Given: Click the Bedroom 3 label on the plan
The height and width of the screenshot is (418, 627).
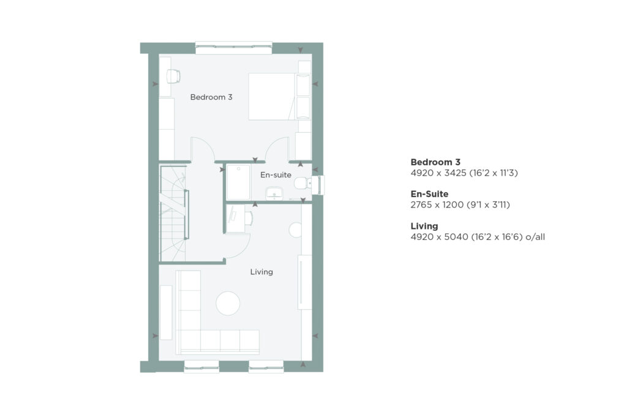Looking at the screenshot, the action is coord(211,97).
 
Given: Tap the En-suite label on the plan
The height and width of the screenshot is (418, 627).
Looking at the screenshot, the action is coord(276,174).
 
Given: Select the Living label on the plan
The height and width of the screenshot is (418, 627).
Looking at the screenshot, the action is coord(261,272).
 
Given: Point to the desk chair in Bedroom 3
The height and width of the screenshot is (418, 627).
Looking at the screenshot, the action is coord(173,76).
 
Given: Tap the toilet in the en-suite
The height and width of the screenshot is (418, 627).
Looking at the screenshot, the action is coord(301,184).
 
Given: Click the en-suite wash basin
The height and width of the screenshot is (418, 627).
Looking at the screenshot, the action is coord(274,193).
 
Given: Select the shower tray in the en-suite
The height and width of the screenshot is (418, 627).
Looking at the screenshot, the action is coord(238,182).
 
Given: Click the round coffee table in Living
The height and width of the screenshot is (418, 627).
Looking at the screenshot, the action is coord(228,304).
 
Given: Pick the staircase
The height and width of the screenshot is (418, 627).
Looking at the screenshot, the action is coord(173,214).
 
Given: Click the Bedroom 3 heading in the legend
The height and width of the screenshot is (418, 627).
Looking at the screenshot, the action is coord(435,162).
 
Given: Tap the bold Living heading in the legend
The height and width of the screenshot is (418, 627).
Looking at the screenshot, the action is coord(424,226).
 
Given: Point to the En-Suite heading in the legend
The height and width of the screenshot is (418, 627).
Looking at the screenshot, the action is coord(429,194).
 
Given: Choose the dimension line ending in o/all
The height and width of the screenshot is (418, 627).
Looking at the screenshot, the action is coord(478,237).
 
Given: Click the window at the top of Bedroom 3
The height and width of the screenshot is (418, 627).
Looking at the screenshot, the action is coord(233,48).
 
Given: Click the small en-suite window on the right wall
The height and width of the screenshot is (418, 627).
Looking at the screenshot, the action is coord(319,185).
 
